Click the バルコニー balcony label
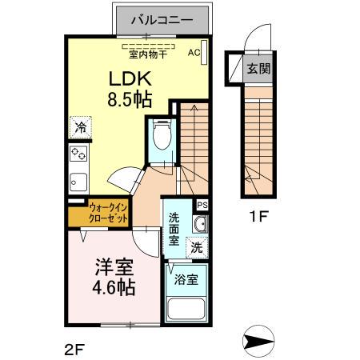point(159,18)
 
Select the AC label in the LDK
point(193,53)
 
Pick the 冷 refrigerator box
point(80,126)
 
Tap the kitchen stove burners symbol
point(78,154)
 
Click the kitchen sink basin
point(78,181)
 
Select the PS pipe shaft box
point(202,204)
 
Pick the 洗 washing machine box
point(196,248)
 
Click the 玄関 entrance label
point(258,69)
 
